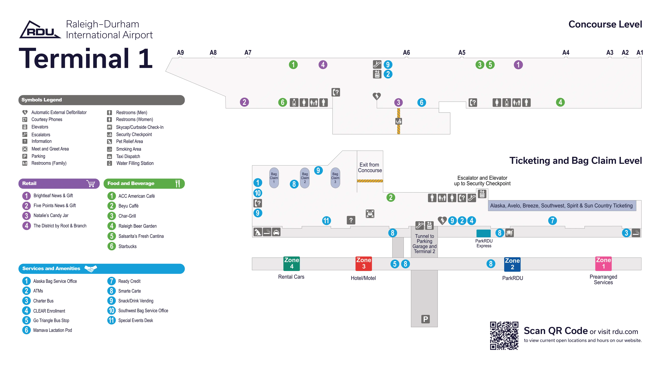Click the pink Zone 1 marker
(603, 263)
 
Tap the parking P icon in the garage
(425, 319)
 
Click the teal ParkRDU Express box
(483, 233)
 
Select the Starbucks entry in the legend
(127, 246)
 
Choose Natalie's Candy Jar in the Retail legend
(51, 215)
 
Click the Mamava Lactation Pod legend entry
(52, 330)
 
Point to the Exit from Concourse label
(370, 167)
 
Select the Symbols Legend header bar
(101, 100)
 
